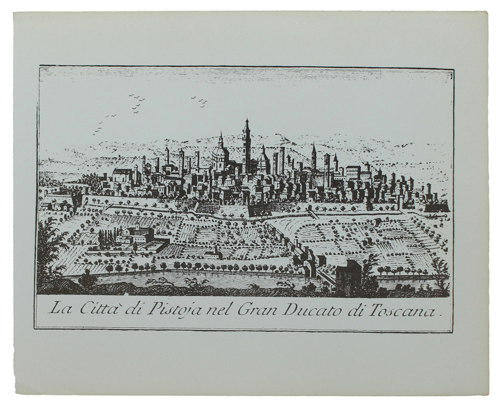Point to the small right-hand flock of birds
pyautogui.click(x=200, y=101)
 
